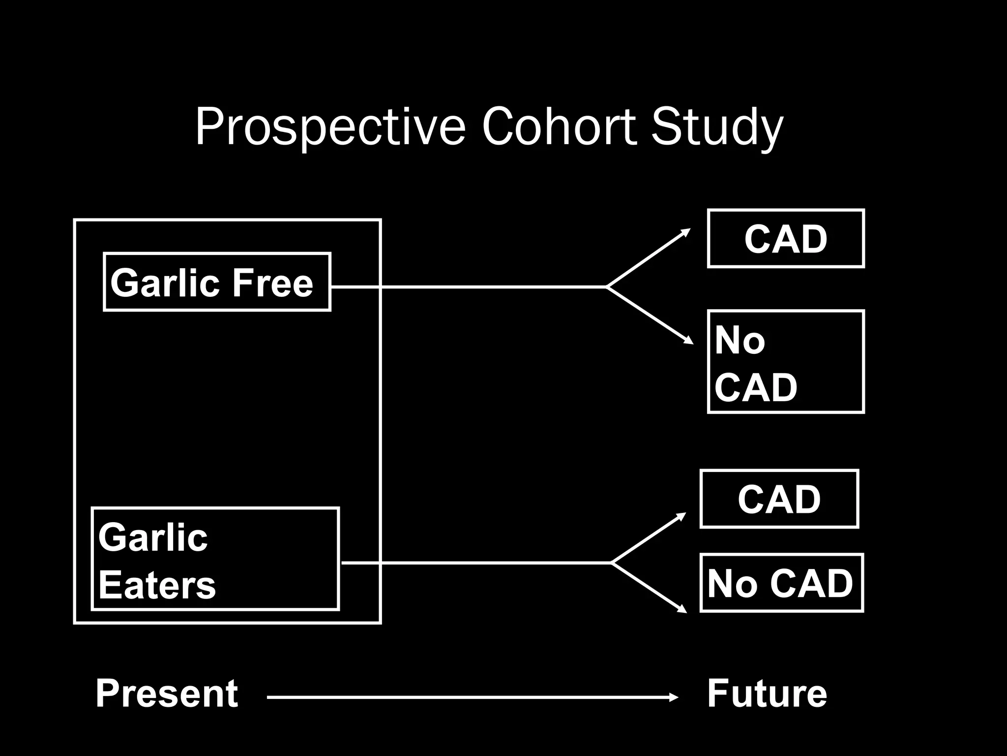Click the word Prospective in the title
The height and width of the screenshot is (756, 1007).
click(x=330, y=127)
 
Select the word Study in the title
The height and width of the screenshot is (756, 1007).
click(x=716, y=127)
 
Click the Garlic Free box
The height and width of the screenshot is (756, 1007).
click(x=217, y=282)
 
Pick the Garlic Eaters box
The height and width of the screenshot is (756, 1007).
click(x=215, y=559)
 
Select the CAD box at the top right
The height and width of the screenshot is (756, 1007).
click(x=785, y=239)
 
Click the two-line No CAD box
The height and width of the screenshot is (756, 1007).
click(x=785, y=362)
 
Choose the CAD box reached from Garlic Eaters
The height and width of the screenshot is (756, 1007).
click(x=779, y=499)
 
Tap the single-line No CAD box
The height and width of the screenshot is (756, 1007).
click(x=781, y=583)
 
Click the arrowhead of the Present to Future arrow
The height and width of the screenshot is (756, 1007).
click(x=675, y=697)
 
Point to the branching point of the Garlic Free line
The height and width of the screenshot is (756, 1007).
click(x=607, y=286)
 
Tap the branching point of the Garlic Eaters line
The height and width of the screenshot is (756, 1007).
click(x=611, y=562)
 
